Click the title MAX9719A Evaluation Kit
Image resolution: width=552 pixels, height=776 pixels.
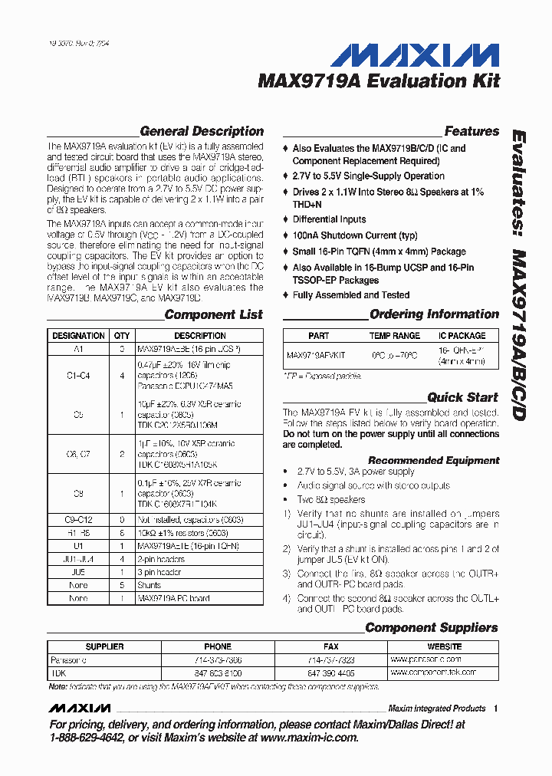[x=379, y=81]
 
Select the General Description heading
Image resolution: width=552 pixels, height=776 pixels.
[x=202, y=131]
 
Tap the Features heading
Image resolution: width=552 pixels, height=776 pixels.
[x=472, y=131]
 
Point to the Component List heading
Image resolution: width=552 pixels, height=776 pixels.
[x=213, y=314]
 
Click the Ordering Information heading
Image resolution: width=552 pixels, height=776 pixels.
[x=434, y=314]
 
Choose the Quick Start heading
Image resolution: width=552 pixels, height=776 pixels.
[x=462, y=397]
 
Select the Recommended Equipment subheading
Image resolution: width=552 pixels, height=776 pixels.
[x=433, y=460]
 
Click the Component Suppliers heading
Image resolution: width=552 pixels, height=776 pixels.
[x=431, y=627]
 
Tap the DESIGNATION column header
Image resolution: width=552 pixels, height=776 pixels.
[x=78, y=336]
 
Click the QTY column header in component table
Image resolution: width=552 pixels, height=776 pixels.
[x=122, y=336]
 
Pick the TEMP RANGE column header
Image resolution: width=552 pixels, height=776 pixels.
[x=395, y=336]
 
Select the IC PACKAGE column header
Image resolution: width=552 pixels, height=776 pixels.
[x=462, y=336]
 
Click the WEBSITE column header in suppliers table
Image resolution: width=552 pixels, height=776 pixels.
[x=444, y=646]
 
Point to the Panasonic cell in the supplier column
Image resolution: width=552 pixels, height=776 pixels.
[x=68, y=659]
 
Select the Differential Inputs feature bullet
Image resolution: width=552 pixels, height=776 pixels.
[x=329, y=219]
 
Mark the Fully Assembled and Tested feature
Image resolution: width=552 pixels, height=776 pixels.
[x=350, y=295]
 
